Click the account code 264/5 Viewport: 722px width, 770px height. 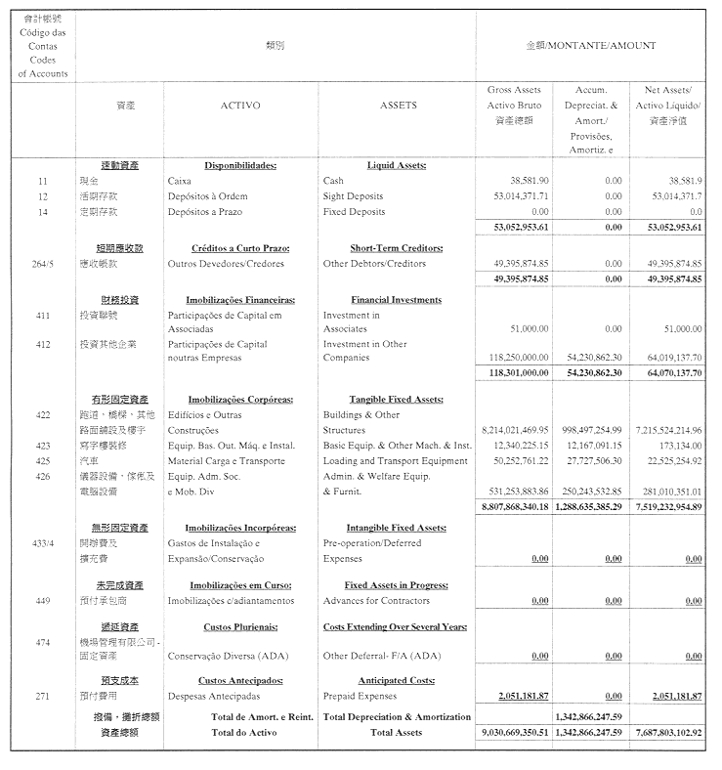tap(43, 264)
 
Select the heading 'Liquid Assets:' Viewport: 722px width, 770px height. tap(396, 165)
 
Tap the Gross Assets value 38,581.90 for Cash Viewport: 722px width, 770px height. tap(529, 181)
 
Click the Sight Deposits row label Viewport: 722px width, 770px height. tap(353, 196)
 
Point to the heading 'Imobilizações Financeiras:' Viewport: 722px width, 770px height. tap(239, 300)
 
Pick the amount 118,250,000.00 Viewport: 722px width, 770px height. tap(515, 358)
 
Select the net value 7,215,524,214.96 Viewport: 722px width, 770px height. tap(668, 430)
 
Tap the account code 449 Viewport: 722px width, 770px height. tap(43, 600)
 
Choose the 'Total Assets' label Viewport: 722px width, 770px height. tap(396, 732)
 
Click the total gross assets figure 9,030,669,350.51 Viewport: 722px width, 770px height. tap(515, 732)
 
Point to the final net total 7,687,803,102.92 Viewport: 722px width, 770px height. tap(668, 732)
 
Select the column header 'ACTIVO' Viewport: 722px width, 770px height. tap(239, 105)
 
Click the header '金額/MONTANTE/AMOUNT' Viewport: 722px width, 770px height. tap(591, 46)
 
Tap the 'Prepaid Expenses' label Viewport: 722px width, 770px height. tap(360, 696)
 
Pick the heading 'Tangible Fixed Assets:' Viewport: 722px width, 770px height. tap(396, 399)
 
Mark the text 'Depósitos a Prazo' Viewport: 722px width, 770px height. tap(204, 211)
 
